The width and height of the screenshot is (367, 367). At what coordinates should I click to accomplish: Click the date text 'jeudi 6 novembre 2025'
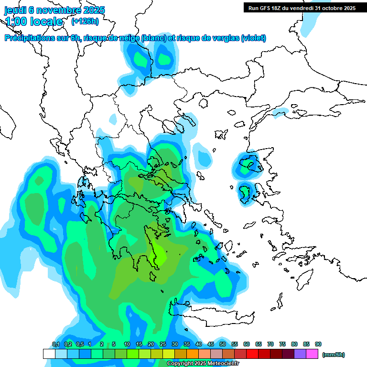tap(54, 10)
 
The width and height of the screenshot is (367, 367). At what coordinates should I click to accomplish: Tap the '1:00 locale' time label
tap(34, 22)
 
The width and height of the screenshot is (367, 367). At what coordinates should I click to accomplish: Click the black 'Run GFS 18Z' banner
tap(302, 8)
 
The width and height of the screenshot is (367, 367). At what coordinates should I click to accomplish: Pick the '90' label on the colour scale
tap(318, 345)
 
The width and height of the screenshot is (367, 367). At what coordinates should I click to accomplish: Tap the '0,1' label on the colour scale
tap(55, 345)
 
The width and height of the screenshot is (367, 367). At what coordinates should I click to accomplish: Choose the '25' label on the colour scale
tap(163, 345)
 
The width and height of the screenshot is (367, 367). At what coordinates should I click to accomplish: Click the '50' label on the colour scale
tap(223, 345)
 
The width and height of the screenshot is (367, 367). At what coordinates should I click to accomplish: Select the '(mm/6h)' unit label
tap(333, 355)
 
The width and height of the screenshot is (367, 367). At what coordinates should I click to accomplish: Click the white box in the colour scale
tap(49, 354)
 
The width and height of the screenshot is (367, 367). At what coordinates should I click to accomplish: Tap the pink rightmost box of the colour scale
tap(312, 354)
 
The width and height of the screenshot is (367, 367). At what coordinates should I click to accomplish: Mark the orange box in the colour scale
tap(193, 354)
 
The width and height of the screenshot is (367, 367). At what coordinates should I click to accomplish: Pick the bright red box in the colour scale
tap(252, 354)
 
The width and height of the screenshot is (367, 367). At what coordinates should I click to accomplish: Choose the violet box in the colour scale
tap(300, 354)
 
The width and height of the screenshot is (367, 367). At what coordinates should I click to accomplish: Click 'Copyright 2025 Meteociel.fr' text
tap(203, 364)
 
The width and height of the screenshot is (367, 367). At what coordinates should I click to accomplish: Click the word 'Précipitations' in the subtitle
tap(28, 38)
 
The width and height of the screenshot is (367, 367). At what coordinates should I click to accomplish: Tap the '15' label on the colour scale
tap(139, 345)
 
